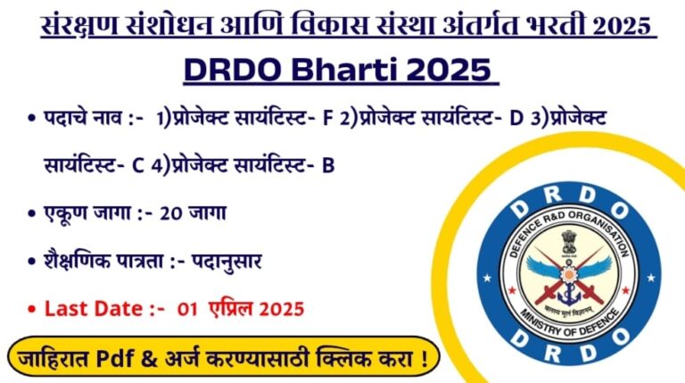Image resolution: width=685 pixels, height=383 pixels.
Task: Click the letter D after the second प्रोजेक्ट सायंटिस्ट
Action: [516, 119]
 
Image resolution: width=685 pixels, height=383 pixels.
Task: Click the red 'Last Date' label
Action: [95, 309]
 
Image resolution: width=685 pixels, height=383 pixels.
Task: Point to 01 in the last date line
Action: [187, 309]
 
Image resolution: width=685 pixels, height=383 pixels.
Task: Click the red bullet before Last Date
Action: [33, 310]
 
